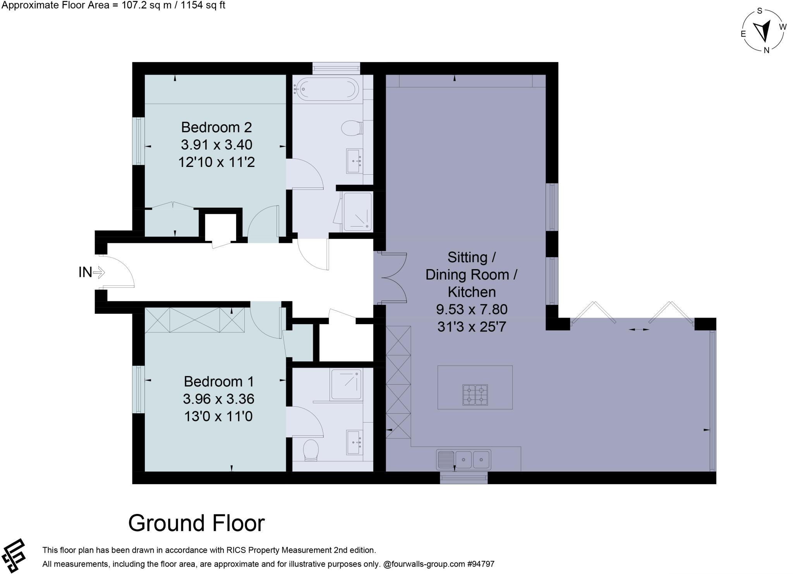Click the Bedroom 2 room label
click(x=216, y=127)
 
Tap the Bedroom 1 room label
click(x=218, y=382)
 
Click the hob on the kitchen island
click(x=475, y=395)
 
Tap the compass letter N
click(x=766, y=50)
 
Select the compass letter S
click(x=759, y=11)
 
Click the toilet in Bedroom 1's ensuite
click(x=310, y=450)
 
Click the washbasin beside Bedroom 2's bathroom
click(x=354, y=161)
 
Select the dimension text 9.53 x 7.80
click(x=471, y=309)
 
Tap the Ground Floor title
click(x=196, y=523)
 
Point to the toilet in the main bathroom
click(x=351, y=127)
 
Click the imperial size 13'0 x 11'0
click(x=218, y=416)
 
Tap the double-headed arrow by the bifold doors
click(x=639, y=329)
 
